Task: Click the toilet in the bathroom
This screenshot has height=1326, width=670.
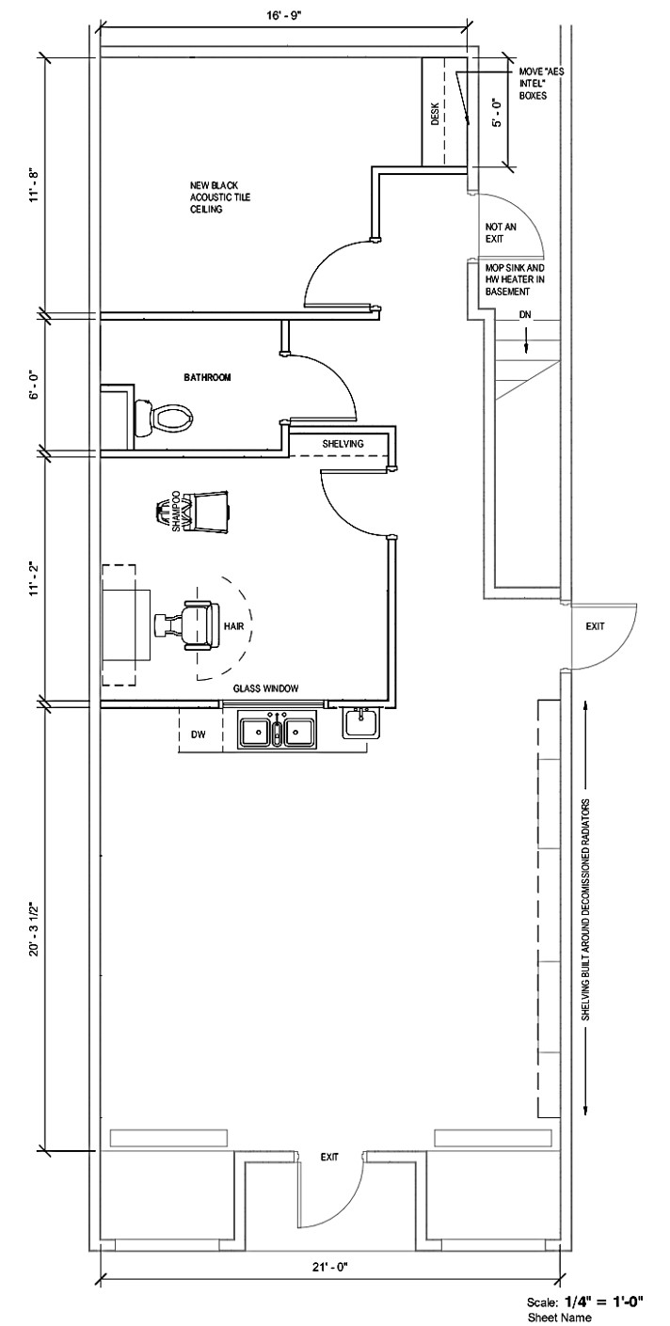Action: tap(162, 417)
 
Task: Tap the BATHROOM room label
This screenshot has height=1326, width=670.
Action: tap(208, 377)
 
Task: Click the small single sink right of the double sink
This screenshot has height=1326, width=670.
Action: tap(361, 722)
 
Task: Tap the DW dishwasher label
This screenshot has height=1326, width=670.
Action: tap(199, 733)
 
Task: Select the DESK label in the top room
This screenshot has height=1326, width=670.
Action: tap(435, 115)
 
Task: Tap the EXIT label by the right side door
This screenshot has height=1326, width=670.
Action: tap(595, 625)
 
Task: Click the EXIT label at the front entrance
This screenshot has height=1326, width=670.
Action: tap(328, 1157)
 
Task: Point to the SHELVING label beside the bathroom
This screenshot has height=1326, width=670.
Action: tap(343, 443)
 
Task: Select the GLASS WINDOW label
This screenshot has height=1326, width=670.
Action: tap(266, 688)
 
